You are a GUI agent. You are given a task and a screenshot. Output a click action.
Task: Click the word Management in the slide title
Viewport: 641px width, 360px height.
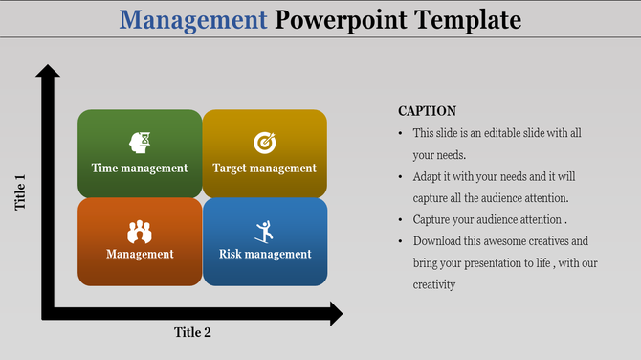[194, 19]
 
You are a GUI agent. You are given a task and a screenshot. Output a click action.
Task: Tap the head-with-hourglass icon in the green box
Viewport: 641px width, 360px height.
[140, 143]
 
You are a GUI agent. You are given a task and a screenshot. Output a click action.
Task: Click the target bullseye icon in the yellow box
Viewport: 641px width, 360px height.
[264, 143]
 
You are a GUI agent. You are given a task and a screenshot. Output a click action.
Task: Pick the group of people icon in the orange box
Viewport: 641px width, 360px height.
[140, 231]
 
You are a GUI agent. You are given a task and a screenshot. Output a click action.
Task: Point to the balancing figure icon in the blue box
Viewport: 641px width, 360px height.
[264, 230]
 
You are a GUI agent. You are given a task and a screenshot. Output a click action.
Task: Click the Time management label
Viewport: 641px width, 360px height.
[140, 169]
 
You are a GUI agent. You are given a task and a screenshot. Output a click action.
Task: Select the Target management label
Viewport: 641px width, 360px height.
[264, 169]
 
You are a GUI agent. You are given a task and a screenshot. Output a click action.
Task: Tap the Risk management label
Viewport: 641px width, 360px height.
[265, 255]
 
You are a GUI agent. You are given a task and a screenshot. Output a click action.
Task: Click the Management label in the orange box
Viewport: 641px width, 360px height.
[140, 255]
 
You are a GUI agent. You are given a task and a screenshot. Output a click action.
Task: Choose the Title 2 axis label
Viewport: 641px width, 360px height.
[192, 333]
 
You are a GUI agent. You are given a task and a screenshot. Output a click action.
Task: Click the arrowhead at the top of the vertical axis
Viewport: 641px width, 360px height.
[48, 73]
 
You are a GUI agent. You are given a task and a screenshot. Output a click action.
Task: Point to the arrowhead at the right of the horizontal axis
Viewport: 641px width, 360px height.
[334, 313]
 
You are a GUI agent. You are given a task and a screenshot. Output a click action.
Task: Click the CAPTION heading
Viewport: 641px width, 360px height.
[427, 111]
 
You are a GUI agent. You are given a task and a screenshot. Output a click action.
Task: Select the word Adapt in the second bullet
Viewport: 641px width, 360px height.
[430, 177]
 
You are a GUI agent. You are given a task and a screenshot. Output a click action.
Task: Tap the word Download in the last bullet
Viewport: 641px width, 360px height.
[440, 241]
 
